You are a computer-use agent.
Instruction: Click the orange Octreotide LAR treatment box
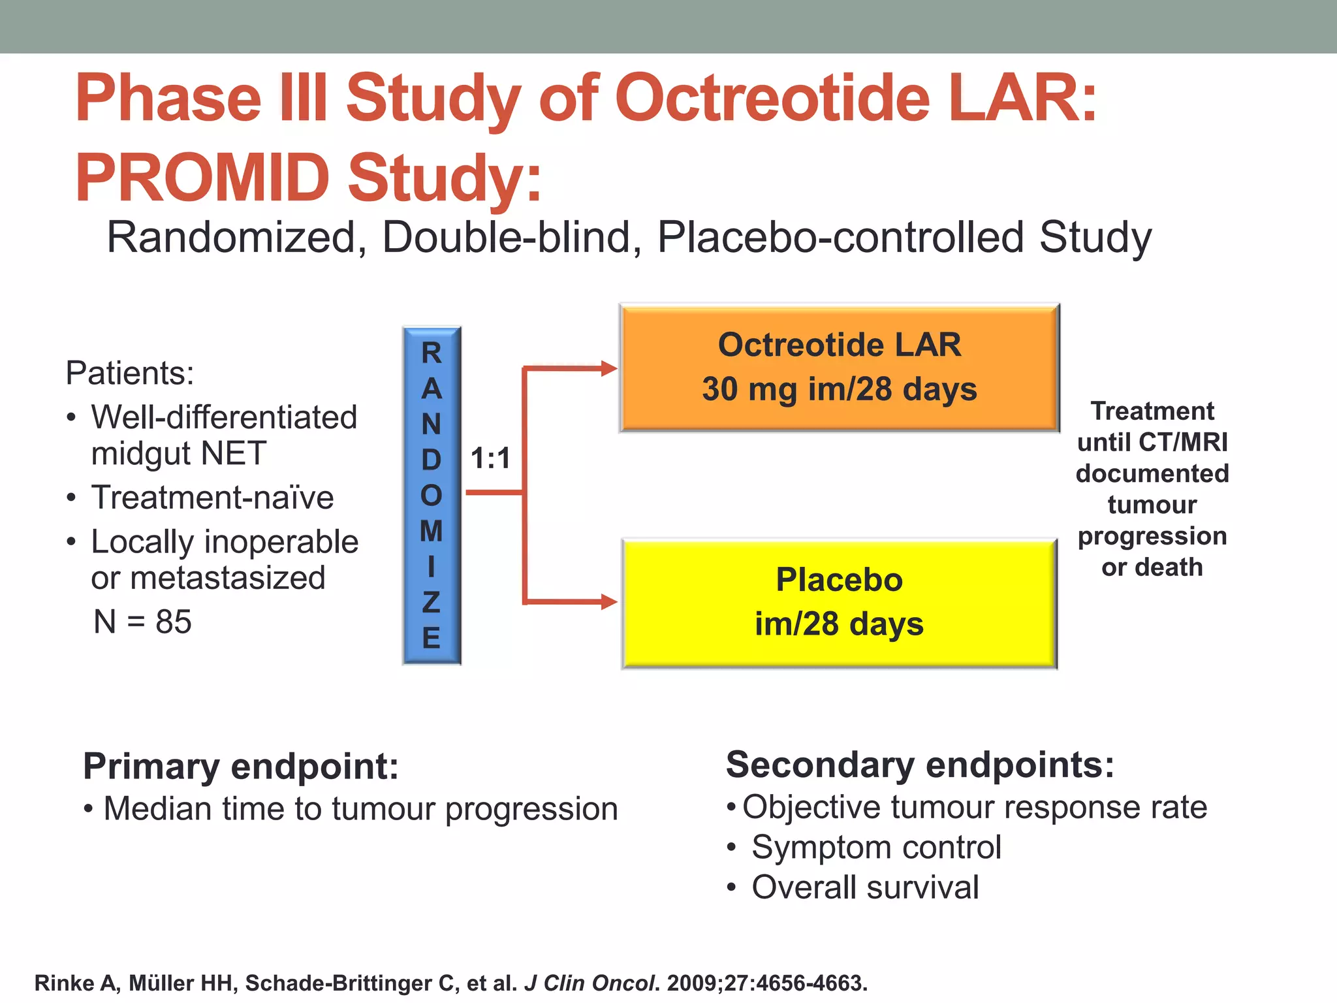(839, 367)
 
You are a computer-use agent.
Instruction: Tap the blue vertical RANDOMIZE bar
(432, 495)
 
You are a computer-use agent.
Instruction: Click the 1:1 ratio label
(490, 458)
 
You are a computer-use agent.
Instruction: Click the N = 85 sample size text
(142, 622)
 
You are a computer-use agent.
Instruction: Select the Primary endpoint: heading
(241, 766)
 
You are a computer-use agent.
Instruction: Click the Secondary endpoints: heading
(920, 765)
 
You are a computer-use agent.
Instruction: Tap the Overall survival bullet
(864, 887)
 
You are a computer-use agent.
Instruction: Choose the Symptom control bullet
(875, 848)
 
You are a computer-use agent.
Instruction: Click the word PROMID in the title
(202, 178)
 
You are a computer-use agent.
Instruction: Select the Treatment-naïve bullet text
(212, 498)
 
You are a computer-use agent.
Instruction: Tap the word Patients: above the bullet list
(130, 374)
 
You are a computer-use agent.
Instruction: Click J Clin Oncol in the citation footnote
(589, 983)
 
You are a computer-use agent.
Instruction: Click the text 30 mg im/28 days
(839, 389)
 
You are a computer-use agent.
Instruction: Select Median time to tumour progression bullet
(360, 809)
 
